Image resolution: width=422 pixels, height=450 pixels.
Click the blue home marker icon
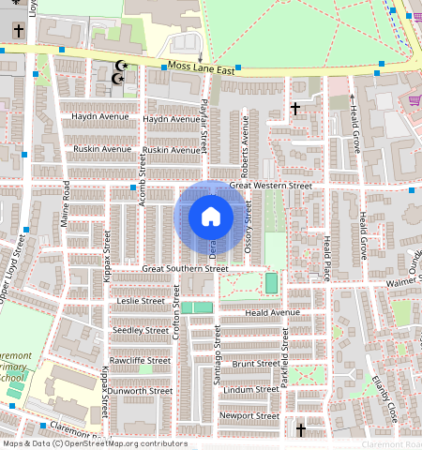tap(211, 217)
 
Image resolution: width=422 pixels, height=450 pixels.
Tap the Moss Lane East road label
tap(200, 67)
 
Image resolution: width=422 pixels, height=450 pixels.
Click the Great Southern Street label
tap(185, 269)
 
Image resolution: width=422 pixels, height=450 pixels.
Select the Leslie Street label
tap(141, 301)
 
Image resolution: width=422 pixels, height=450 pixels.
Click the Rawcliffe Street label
tap(141, 360)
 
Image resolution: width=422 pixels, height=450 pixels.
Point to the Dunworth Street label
tap(141, 390)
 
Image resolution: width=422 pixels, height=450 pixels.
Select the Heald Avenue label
tap(272, 312)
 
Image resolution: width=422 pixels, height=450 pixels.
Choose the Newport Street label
tap(249, 415)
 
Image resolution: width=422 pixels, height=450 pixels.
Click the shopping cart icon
tap(414, 100)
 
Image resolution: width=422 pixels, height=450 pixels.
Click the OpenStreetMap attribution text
tap(94, 443)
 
